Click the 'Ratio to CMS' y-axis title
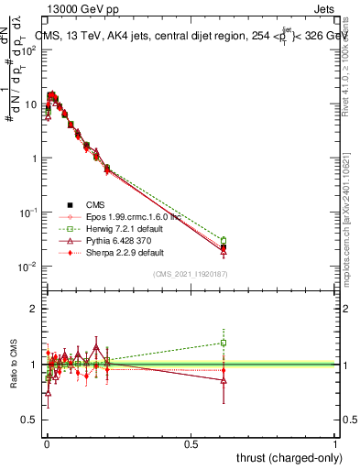pyautogui.click(x=12, y=364)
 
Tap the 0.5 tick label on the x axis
pyautogui.click(x=191, y=442)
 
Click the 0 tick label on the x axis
pyautogui.click(x=47, y=442)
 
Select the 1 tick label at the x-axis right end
pyautogui.click(x=335, y=442)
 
